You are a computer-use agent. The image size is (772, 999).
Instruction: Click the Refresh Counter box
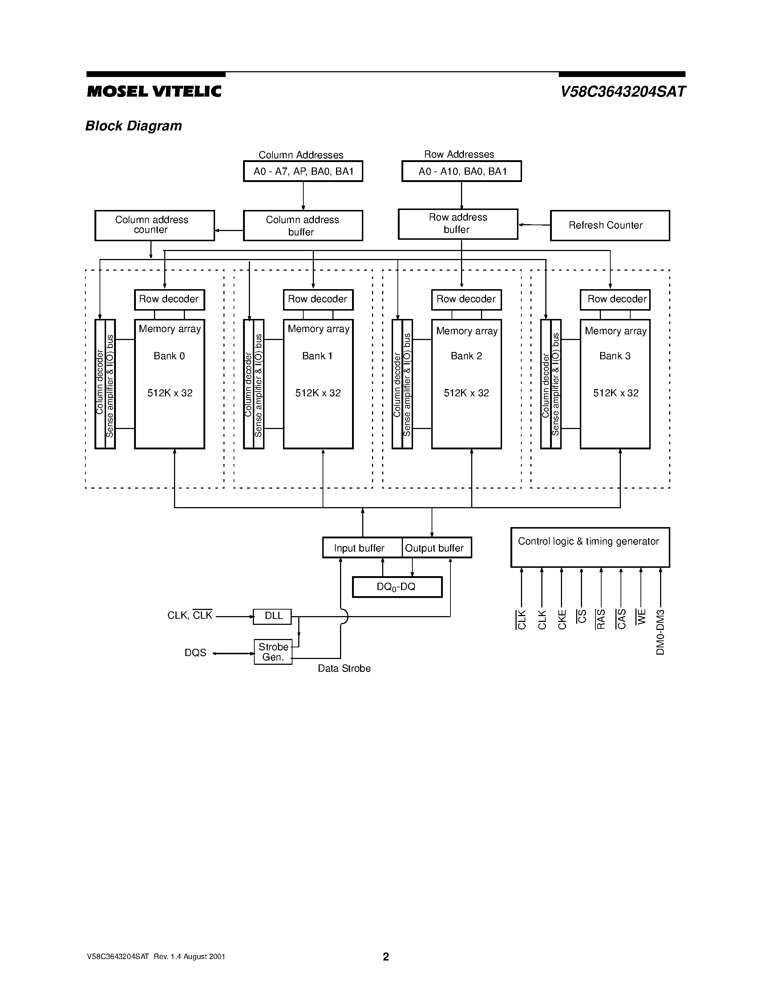pos(610,225)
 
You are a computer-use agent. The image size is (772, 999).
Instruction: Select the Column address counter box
pos(155,225)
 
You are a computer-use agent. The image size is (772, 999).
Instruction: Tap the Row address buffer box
pos(458,224)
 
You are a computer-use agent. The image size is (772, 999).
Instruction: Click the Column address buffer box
pos(303,226)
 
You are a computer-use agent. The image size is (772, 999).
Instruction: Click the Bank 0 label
pos(169,356)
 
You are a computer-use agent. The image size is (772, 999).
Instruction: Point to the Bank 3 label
pos(615,356)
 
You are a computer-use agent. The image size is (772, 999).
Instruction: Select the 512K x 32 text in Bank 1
pos(318,393)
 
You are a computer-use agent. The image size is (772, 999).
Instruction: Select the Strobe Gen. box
pos(273,652)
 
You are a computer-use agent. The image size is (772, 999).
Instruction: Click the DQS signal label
pos(195,653)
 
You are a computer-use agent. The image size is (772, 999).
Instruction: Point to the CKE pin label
pos(562,619)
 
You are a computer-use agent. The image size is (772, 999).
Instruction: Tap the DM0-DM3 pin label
pos(660,632)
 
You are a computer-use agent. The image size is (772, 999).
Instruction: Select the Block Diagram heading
pos(134,126)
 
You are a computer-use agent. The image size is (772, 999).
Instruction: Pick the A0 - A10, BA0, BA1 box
pos(461,171)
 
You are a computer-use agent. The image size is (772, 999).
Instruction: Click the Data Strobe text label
pos(344,668)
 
